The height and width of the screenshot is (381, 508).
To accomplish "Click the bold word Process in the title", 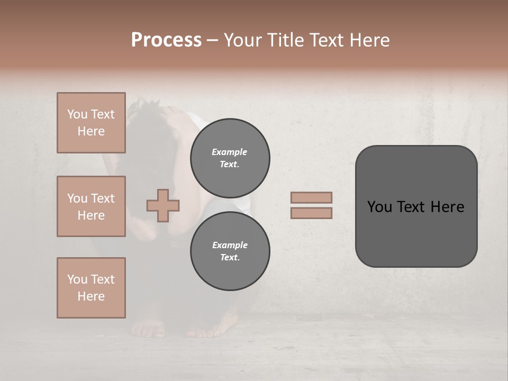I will pos(166,40).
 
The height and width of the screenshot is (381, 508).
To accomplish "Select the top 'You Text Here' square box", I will pos(91,123).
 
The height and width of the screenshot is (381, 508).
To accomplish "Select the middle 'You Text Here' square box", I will pos(91,206).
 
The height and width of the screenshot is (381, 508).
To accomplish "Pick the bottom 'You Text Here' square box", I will pos(91,288).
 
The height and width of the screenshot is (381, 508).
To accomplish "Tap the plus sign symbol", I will pos(163,205).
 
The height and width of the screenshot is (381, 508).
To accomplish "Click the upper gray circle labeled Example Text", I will pos(230,158).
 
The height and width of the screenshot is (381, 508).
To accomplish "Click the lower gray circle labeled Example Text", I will pos(230,251).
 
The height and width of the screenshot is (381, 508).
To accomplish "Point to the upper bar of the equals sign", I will pos(311,197).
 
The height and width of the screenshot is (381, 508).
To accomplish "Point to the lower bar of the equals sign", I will pos(311,213).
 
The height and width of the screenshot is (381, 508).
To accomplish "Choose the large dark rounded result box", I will pos(416,206).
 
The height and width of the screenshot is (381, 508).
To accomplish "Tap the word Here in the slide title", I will pos(369,40).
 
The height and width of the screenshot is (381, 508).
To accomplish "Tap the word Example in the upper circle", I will pos(230,152).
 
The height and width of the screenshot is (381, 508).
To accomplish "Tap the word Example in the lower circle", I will pos(230,245).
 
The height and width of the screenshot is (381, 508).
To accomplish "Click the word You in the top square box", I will pos(77,114).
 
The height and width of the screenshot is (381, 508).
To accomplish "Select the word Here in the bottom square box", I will pos(91,296).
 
